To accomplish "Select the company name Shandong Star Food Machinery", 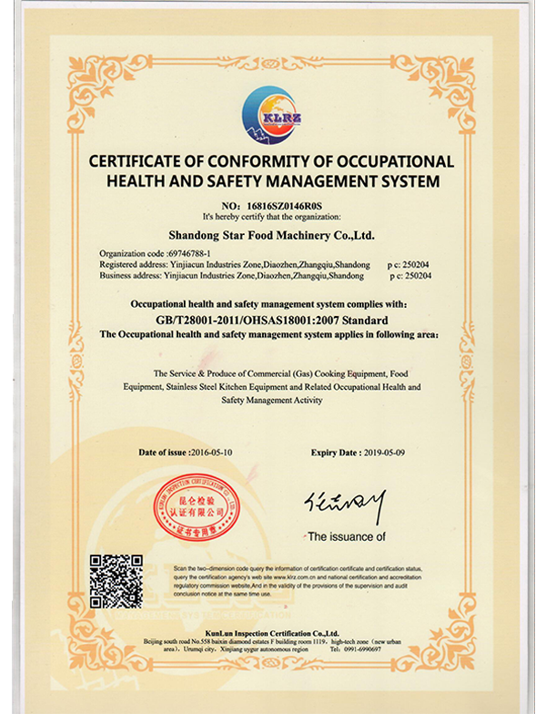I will tap(271, 235).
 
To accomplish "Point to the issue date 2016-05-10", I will tap(214, 452).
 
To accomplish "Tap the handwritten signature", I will tap(344, 505).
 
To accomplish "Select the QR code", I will tap(116, 581).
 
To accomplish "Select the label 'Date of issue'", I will tap(162, 452).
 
